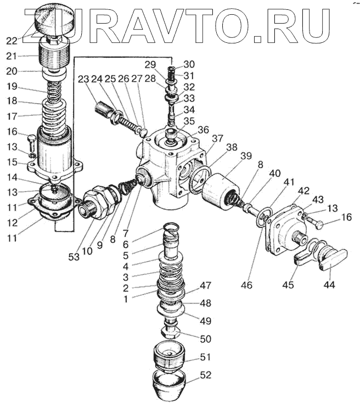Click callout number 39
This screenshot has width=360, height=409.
pyautogui.click(x=246, y=156)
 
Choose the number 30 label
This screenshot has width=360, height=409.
pyautogui.click(x=189, y=64)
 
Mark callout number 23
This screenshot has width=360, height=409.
pyautogui.click(x=83, y=79)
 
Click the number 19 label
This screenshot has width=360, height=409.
pyautogui.click(x=12, y=86)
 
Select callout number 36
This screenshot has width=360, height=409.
pyautogui.click(x=204, y=130)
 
